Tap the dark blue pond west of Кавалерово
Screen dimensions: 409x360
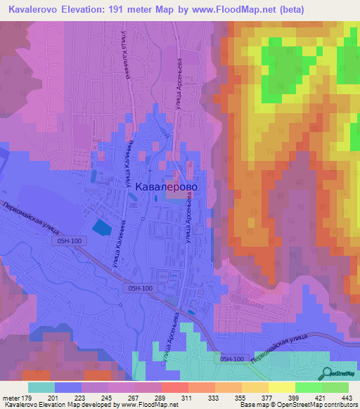101,227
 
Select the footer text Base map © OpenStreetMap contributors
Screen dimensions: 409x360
298,404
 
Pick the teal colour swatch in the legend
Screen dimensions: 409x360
41,388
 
